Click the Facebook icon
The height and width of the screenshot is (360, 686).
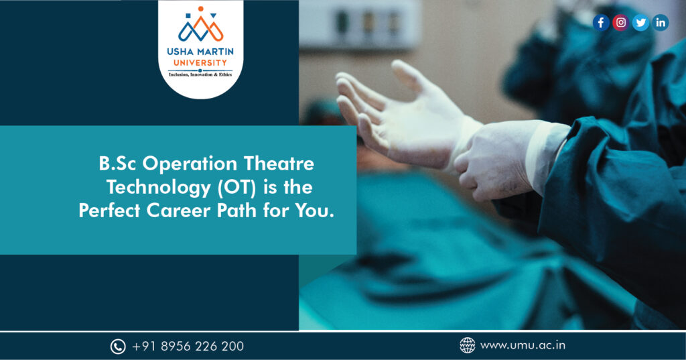[x=601, y=22]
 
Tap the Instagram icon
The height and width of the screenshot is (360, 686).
[x=620, y=22]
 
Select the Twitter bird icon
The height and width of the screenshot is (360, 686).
[x=640, y=22]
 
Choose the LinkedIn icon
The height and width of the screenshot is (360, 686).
[x=660, y=22]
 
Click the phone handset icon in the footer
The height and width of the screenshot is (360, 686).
[x=118, y=347]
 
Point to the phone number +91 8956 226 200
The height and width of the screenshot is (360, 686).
[x=188, y=347]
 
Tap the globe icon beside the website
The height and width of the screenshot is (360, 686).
[x=467, y=345]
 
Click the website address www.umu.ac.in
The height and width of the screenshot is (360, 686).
[x=523, y=345]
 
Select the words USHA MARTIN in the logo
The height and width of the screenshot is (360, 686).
[x=200, y=52]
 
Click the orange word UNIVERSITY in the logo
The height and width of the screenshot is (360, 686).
[x=200, y=62]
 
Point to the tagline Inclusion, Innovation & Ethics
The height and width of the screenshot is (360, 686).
[x=200, y=75]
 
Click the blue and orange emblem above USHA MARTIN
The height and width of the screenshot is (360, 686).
[x=200, y=25]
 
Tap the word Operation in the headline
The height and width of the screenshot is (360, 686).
[x=190, y=164]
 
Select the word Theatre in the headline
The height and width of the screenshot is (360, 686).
[x=279, y=164]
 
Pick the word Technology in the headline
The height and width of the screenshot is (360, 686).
[x=159, y=188]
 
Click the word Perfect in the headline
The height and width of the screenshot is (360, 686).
[x=109, y=211]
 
